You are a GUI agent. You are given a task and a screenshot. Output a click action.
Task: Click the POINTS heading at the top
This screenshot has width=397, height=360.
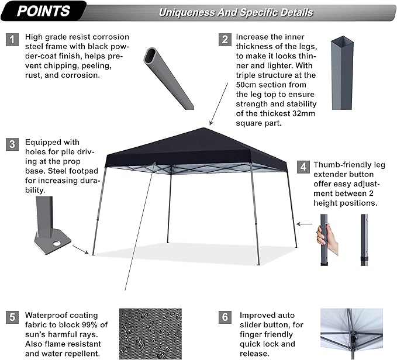[x=44, y=11]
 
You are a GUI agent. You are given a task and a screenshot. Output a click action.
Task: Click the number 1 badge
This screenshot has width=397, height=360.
[x=12, y=39]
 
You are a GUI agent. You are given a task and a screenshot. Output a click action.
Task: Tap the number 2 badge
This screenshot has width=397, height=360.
[x=225, y=39]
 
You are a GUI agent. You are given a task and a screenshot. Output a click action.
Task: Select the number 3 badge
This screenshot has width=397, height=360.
[x=12, y=145]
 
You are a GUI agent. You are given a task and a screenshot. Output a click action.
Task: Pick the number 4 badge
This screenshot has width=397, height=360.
[x=303, y=166]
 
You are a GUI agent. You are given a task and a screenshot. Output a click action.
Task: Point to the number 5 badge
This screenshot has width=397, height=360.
[x=12, y=318]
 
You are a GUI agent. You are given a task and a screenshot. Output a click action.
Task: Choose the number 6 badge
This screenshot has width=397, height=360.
[x=225, y=318]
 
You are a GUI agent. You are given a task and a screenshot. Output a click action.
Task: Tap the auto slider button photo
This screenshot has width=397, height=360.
[x=351, y=333]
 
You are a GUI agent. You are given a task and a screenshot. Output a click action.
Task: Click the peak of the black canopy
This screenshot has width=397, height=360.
[x=209, y=128]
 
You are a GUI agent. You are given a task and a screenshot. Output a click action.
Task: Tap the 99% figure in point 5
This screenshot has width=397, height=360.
[x=87, y=325]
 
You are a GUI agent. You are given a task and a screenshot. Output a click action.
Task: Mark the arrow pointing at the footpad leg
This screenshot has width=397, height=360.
[x=81, y=250]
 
